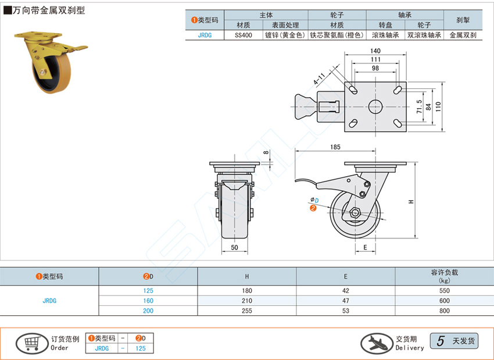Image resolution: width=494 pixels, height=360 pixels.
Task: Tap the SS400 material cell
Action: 244,35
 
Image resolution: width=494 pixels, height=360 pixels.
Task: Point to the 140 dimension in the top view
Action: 375,51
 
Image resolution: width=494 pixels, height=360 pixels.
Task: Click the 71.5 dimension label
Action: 420,105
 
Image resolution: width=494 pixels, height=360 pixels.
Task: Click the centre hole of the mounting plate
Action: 375,106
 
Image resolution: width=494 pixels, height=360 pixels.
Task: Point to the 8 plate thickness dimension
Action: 266,153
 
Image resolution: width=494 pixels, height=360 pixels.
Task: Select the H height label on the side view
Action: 411,201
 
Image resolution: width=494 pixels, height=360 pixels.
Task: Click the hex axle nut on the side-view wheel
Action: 355,212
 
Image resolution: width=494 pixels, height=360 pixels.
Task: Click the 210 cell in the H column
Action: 247,301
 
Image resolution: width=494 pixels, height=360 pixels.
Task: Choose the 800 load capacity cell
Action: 445,311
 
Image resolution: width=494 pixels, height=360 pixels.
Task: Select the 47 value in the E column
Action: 346,301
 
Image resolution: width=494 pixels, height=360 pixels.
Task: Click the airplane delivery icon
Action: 376,343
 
